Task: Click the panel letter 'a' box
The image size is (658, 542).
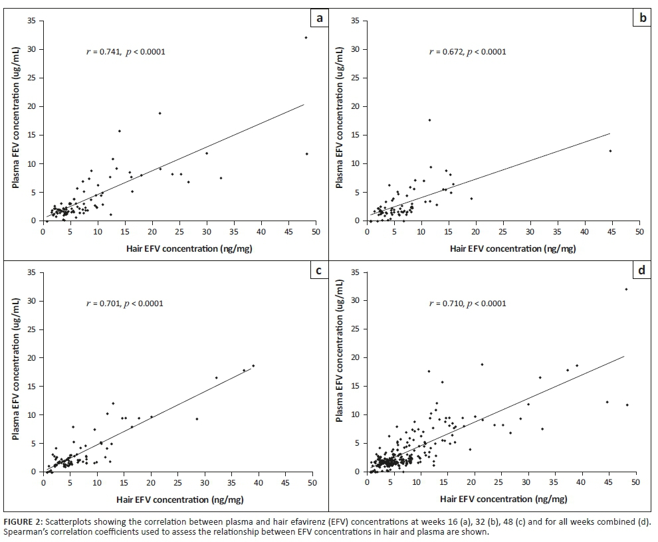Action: (320, 18)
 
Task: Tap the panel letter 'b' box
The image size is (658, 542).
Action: (643, 18)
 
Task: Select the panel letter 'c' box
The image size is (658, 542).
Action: (320, 270)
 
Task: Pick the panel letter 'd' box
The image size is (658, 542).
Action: (643, 270)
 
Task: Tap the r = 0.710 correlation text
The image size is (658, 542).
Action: (468, 304)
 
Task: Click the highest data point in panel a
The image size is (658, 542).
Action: (306, 38)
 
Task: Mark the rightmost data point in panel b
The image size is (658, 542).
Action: (610, 151)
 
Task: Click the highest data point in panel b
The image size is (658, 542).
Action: (430, 120)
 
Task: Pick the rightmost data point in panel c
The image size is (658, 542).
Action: (253, 366)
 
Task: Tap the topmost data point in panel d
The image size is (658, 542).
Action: (626, 289)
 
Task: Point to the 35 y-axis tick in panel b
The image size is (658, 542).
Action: (355, 21)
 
